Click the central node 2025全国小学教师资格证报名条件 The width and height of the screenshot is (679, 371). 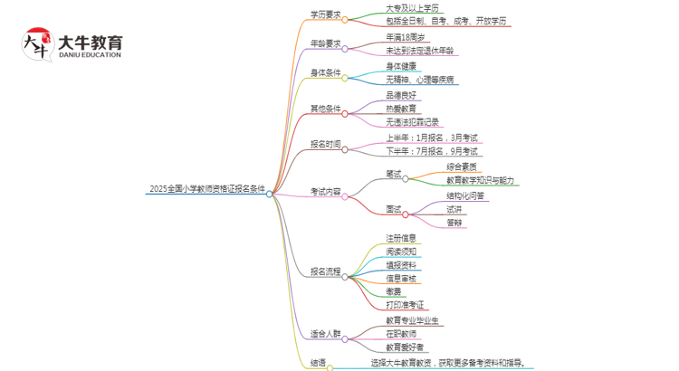click(x=207, y=190)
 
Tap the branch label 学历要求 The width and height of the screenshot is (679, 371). click(x=325, y=14)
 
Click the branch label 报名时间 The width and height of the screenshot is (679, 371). click(x=325, y=145)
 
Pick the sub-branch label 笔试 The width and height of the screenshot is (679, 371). click(x=392, y=174)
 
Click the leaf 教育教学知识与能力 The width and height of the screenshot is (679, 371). click(x=481, y=180)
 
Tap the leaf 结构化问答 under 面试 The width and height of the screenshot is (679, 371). click(x=464, y=195)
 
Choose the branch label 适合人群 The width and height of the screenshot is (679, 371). click(x=325, y=333)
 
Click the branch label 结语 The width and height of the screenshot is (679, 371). click(x=318, y=364)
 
